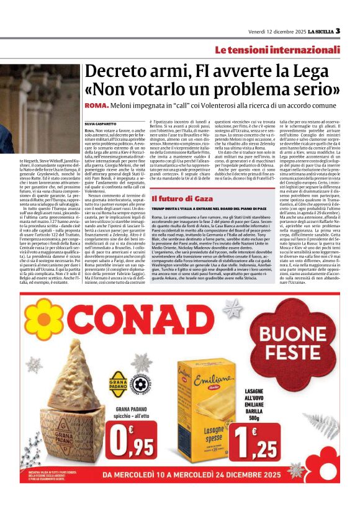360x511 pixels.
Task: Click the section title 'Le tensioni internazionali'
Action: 286,49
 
